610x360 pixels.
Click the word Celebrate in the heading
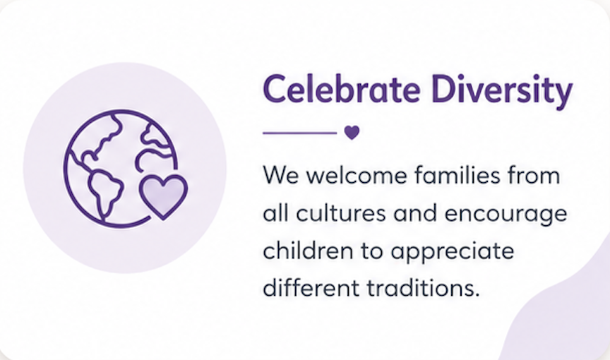click(342, 89)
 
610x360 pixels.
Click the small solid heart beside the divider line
click(352, 133)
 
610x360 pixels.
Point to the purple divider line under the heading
click(299, 133)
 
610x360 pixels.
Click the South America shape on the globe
click(104, 191)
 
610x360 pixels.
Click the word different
click(311, 288)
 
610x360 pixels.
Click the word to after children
click(372, 251)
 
